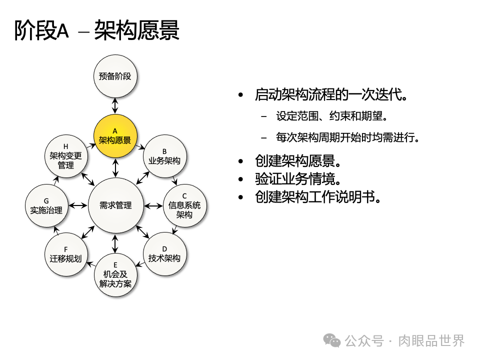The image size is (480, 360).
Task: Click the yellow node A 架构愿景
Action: (x=115, y=136)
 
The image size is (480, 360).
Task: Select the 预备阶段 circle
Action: (x=115, y=76)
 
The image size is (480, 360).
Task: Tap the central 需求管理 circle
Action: (x=115, y=205)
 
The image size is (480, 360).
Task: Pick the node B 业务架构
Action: (x=164, y=156)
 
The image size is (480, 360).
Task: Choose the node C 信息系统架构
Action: (x=184, y=205)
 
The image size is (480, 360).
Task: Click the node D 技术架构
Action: (x=164, y=253)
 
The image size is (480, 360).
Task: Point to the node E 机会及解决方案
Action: (x=115, y=275)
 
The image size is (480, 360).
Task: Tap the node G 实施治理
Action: (x=46, y=205)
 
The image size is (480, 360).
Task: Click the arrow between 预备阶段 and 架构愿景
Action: (x=115, y=106)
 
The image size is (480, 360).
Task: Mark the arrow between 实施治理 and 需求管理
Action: (x=78, y=205)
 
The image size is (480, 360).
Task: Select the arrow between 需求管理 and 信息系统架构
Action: (x=152, y=205)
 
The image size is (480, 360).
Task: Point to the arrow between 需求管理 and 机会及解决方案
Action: (x=115, y=243)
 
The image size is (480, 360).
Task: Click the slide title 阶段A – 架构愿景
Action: (x=97, y=31)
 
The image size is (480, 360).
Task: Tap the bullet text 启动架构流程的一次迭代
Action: (x=330, y=94)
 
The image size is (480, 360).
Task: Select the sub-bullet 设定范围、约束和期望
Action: (x=332, y=116)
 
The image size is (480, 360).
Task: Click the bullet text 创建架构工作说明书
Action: (x=318, y=196)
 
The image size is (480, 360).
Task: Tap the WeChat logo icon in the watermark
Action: (x=331, y=340)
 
